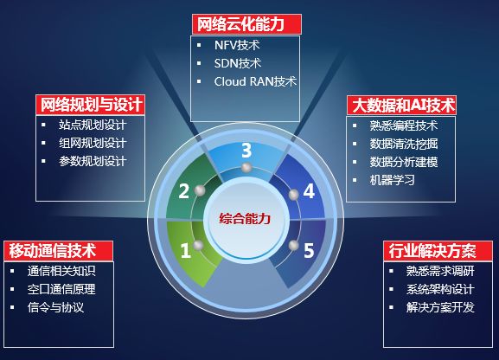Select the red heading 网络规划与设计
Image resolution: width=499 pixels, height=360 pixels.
(x=89, y=105)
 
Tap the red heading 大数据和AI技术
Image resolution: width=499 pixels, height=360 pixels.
(x=402, y=105)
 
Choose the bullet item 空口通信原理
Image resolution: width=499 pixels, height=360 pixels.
(x=61, y=289)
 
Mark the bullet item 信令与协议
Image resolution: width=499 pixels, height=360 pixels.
(x=56, y=307)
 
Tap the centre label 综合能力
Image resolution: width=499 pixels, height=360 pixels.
(x=245, y=218)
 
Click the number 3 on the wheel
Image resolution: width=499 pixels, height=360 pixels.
(x=246, y=151)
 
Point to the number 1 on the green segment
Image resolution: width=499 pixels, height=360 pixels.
(x=185, y=252)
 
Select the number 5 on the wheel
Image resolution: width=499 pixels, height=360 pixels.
(x=308, y=252)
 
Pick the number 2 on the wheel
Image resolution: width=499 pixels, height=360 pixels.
(x=183, y=190)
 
